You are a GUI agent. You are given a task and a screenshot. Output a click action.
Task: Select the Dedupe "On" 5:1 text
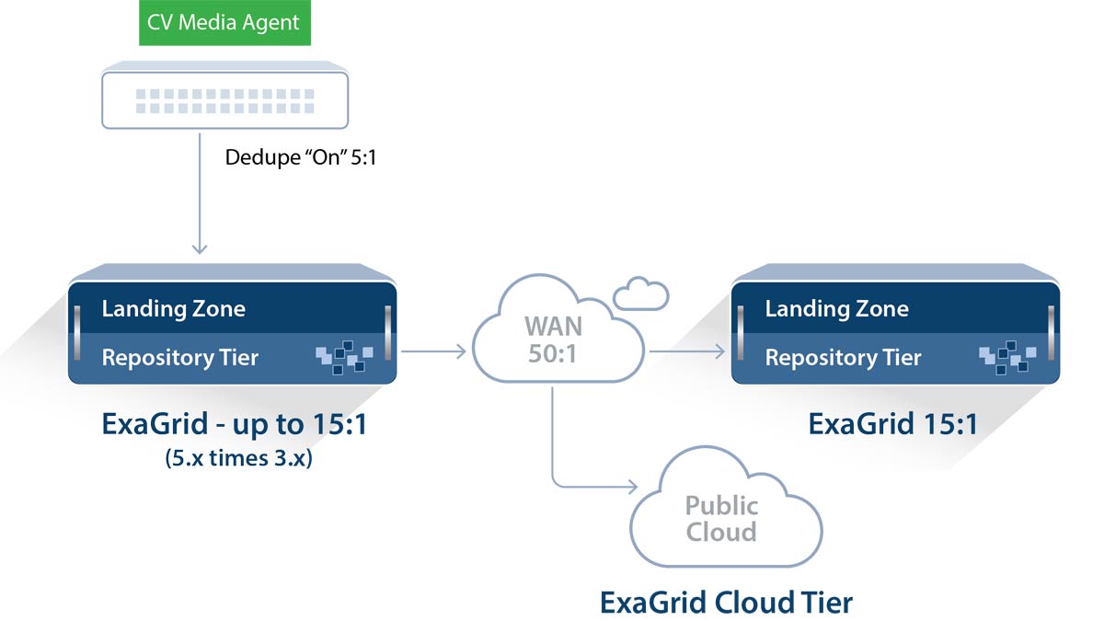[302, 157]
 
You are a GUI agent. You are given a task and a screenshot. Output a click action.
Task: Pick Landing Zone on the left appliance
[174, 307]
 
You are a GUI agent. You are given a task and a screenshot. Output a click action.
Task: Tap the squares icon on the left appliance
[344, 357]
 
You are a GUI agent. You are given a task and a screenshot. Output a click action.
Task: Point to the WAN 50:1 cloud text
[552, 339]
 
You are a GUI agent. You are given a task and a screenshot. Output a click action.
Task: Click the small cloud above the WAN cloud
[641, 293]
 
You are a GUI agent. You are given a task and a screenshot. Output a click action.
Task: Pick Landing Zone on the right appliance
[836, 307]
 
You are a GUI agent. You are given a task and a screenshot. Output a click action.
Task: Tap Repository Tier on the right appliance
[844, 357]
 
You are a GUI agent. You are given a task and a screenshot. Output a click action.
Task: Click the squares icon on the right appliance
[1007, 357]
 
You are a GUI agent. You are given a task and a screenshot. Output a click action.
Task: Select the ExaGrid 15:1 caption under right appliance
[892, 424]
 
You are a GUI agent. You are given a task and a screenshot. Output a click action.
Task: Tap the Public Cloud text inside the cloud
[722, 518]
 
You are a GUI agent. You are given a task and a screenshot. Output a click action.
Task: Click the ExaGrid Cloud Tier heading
[726, 602]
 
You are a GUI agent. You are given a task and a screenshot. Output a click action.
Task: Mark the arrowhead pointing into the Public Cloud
[632, 484]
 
